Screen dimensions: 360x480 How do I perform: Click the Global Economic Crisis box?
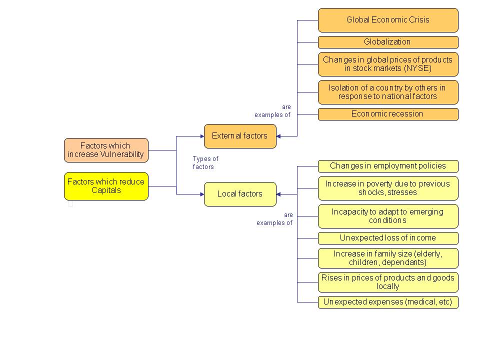coord(388,20)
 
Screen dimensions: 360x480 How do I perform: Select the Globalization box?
coord(388,42)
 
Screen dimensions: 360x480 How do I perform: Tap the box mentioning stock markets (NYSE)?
coord(388,64)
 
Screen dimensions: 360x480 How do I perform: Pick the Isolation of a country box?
coord(388,92)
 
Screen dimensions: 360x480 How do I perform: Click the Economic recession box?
coord(388,114)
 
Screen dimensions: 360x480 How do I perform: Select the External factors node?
coord(240,136)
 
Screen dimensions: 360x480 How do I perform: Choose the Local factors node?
coord(240,194)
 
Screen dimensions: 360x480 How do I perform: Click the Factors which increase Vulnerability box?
coord(106,150)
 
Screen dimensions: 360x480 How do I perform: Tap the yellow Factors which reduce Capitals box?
coord(106,186)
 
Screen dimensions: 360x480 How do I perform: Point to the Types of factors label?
coord(205,163)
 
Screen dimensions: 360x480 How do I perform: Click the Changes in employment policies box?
coord(388,166)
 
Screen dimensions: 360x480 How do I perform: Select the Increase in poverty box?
coord(388,188)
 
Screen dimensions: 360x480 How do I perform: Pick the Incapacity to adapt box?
coord(388,216)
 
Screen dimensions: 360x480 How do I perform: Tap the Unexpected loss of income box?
coord(388,238)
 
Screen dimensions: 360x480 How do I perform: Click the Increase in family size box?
coord(388,258)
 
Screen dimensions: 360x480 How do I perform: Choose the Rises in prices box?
coord(388,282)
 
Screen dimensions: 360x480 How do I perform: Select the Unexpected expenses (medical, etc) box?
coord(388,302)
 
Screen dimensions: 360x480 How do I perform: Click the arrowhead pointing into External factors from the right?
coord(279,136)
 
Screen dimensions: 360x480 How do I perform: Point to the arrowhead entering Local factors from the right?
coord(279,194)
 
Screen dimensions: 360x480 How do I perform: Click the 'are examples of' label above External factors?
coord(272,111)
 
